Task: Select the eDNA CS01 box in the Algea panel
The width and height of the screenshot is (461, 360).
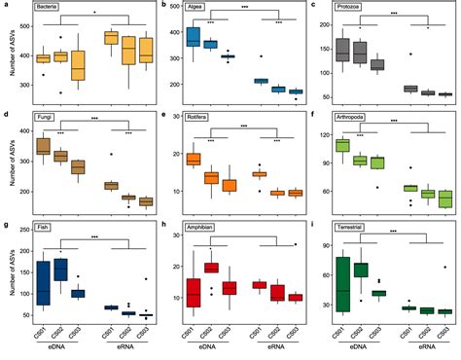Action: click(193, 37)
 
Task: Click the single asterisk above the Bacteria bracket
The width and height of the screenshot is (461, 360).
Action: click(93, 13)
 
